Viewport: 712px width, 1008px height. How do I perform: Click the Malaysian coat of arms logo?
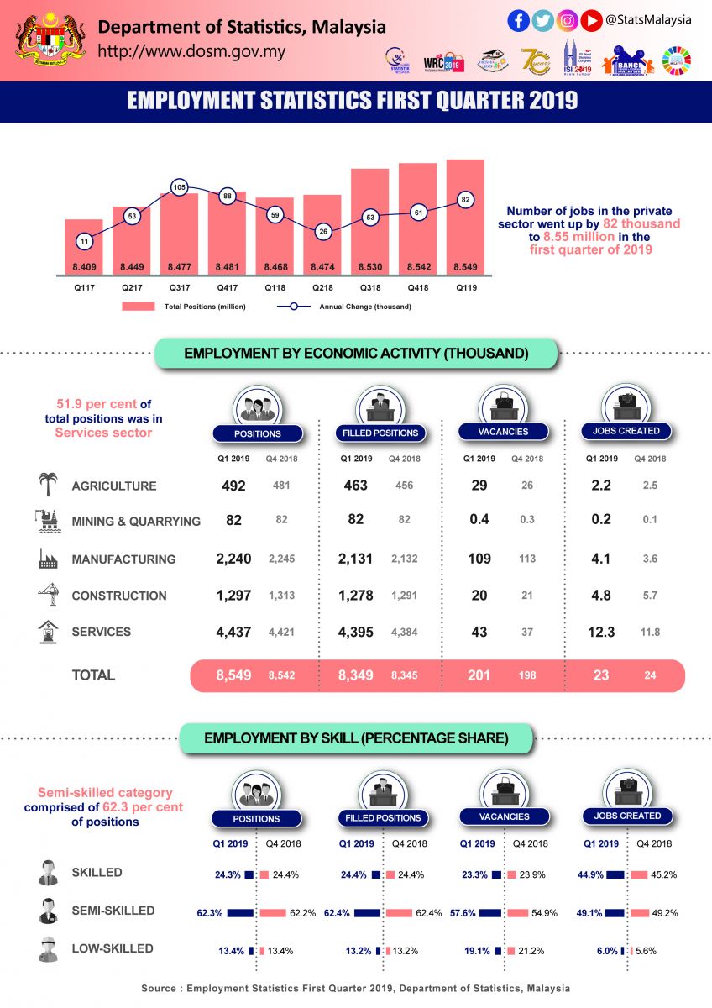pos(50,38)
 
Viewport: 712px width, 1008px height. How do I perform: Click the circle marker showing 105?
pos(179,187)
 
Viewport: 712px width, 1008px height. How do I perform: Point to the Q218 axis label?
pos(322,287)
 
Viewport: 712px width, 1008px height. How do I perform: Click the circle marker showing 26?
pos(322,231)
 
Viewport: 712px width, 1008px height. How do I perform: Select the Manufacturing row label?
pos(123,559)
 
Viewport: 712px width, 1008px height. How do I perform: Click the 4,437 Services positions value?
pos(233,632)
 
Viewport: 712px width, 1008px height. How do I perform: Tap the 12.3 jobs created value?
pos(601,632)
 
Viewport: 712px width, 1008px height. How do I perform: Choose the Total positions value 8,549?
pos(233,675)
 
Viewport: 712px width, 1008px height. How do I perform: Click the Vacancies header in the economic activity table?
pos(505,432)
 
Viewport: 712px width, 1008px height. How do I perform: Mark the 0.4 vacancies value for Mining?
pos(479,520)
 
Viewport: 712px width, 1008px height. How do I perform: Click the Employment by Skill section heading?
pos(356,738)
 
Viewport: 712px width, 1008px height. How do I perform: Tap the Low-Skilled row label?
pos(113,948)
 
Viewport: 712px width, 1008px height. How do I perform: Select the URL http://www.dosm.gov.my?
pos(192,51)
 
